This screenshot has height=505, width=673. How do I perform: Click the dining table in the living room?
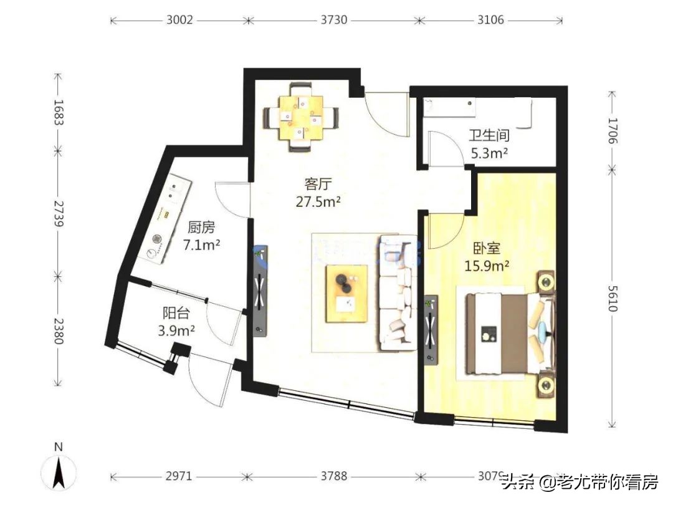coord(301,117)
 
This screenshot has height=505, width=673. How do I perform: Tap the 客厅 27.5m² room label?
coord(317,193)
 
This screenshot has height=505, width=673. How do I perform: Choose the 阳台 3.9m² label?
coord(176,322)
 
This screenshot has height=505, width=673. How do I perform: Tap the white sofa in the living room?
coord(397,292)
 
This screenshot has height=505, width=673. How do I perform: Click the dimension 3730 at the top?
coord(334,20)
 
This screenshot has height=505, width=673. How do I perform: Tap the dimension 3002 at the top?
coord(180,20)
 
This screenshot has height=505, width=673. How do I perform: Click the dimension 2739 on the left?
coord(58,215)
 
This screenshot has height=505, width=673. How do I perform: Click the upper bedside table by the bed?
coord(547,282)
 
